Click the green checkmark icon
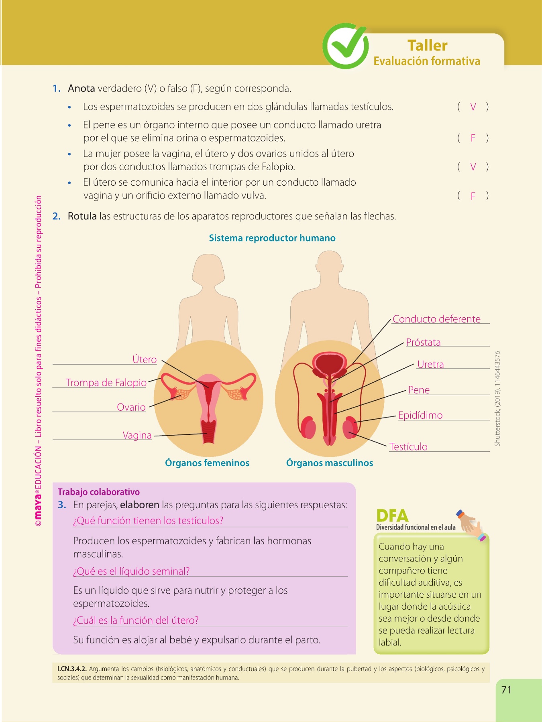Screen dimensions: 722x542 pos(345,46)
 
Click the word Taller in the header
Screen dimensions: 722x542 pos(427,45)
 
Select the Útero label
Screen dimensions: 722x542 pos(145,359)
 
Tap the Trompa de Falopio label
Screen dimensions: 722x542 pos(106,383)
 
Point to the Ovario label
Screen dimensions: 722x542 pos(131,407)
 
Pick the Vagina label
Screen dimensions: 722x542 pos(137,435)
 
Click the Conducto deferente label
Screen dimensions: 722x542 pos(436,319)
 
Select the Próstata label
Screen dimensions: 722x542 pos(423,342)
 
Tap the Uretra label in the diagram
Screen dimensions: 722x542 pos(430,364)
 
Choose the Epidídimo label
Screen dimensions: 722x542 pos(420,415)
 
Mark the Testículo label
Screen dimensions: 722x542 pos(408,446)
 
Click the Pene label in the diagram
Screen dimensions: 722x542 pos(419,390)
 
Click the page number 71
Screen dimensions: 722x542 pos(506,690)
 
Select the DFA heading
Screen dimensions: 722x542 pos(392,515)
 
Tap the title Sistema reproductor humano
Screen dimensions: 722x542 pos(272,238)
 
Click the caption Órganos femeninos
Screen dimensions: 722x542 pos(207,463)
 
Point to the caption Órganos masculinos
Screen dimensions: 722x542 pos(330,463)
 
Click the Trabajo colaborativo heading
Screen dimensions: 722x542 pos(99,492)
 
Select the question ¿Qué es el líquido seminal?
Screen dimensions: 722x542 pos(131,571)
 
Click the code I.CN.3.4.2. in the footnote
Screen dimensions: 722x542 pos(72,669)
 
